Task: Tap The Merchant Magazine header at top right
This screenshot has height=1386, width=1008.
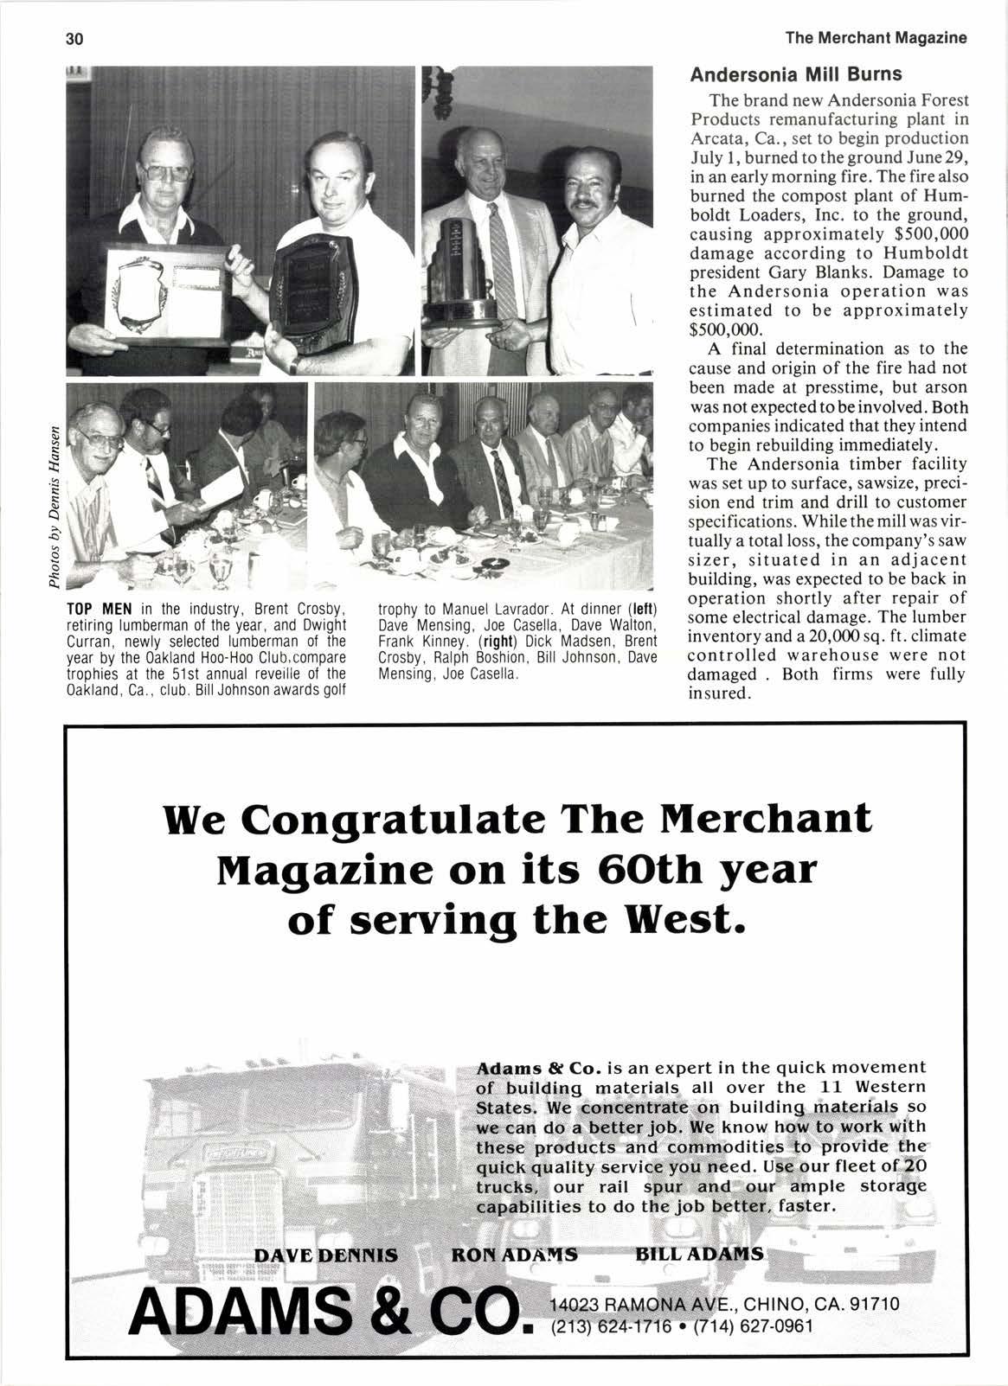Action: (x=876, y=38)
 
